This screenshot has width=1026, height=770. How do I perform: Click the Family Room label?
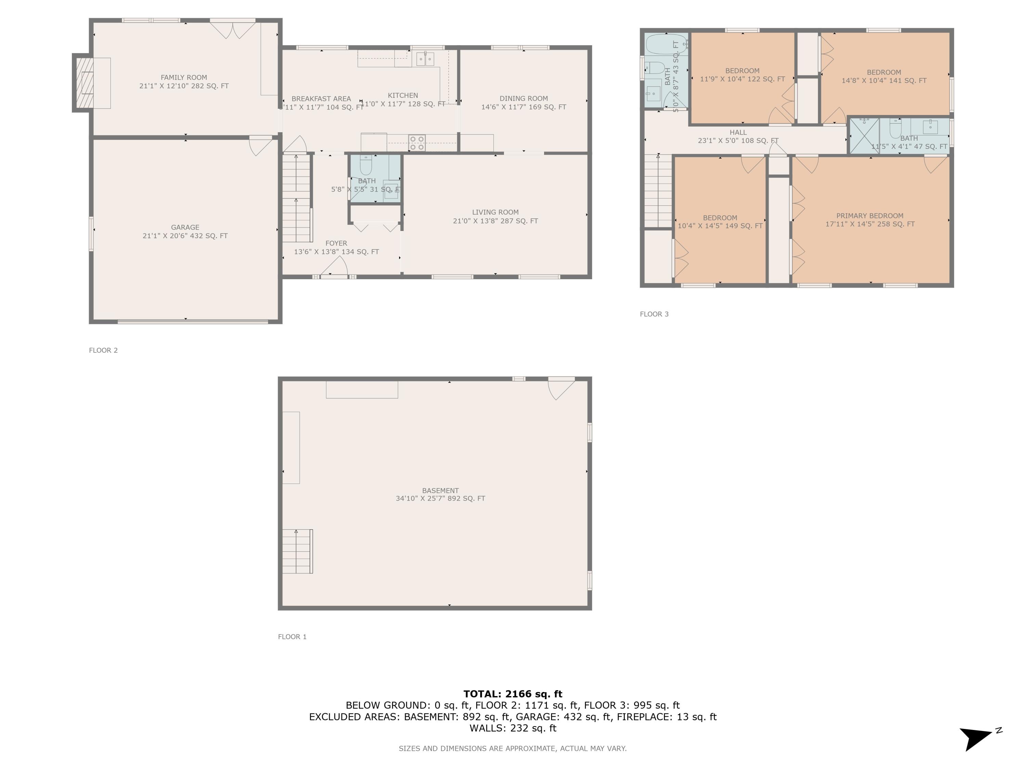pyautogui.click(x=184, y=77)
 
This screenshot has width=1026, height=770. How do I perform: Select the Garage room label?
pyautogui.click(x=185, y=228)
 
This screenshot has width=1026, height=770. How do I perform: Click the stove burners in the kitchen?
pyautogui.click(x=417, y=142)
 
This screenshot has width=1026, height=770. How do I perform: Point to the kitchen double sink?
pyautogui.click(x=425, y=59)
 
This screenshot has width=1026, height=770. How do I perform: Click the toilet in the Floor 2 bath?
pyautogui.click(x=366, y=165)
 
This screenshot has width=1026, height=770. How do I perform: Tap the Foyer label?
pyautogui.click(x=336, y=243)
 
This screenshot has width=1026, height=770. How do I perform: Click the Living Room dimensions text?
pyautogui.click(x=495, y=221)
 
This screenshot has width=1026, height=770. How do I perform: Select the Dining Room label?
pyautogui.click(x=524, y=99)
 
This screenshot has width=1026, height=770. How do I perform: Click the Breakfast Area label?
pyautogui.click(x=321, y=99)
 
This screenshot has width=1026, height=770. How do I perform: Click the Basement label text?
pyautogui.click(x=440, y=491)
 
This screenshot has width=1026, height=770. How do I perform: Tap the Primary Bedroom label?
pyautogui.click(x=870, y=216)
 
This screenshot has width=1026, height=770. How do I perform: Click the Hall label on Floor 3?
pyautogui.click(x=738, y=132)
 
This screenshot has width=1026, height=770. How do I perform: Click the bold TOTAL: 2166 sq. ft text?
pyautogui.click(x=513, y=694)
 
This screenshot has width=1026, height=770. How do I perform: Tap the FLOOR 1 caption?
pyautogui.click(x=292, y=637)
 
